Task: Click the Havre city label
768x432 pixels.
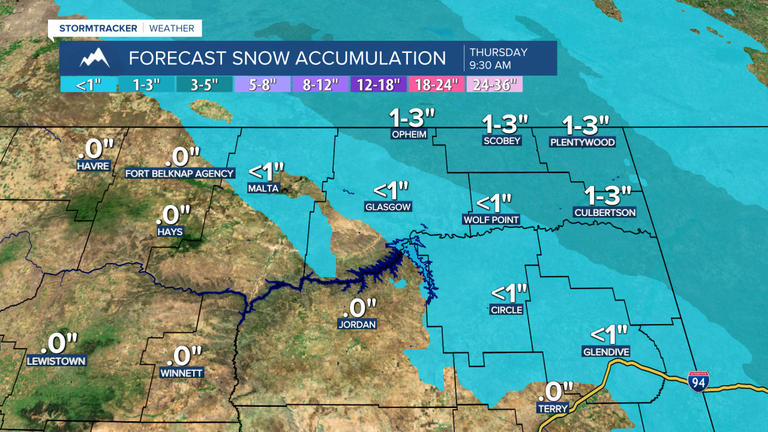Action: point(94,165)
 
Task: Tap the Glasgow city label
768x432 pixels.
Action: point(388,207)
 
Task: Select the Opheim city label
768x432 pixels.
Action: point(409,134)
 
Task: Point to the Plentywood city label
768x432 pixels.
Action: point(583,142)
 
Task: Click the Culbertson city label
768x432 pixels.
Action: point(605,212)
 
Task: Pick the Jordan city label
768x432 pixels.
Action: point(356,325)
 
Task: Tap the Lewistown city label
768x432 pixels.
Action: point(56,361)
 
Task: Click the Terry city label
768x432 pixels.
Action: point(553,409)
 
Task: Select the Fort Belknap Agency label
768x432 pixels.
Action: point(179,173)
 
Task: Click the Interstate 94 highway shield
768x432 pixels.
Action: point(698,382)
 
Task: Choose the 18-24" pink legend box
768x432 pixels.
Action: point(436,85)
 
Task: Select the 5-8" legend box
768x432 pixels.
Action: point(262,85)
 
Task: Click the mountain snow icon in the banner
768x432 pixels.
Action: point(94,58)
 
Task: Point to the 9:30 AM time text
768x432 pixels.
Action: point(491,65)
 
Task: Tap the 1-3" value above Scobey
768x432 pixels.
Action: point(505,124)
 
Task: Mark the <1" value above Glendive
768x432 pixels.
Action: point(609,333)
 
